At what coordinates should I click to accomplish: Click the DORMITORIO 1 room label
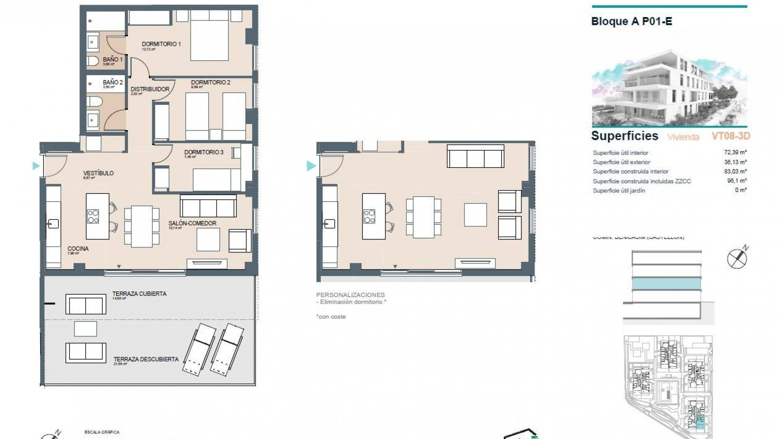coord(161,44)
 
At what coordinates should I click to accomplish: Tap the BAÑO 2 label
coord(113,82)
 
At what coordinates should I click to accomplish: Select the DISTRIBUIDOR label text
coord(150,89)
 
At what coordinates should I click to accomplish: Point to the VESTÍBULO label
coord(98,173)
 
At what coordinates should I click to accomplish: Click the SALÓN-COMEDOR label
coord(192,223)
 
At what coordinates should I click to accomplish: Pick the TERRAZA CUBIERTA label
coord(139,293)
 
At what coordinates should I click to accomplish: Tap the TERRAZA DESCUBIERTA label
coord(146,359)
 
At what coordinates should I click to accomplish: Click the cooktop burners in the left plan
coord(93,216)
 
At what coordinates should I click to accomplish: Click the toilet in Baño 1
coord(93,61)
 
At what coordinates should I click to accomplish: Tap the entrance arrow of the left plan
coord(36,166)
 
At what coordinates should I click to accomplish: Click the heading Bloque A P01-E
coord(631,22)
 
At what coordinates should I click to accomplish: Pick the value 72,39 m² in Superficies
coord(735,152)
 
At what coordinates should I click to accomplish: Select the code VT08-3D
coord(730,136)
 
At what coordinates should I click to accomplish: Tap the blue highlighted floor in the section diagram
coord(666,284)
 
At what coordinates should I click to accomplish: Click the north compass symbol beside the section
coord(737,257)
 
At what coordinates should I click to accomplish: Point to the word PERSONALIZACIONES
coord(350,295)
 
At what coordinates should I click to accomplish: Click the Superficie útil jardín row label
coord(619,190)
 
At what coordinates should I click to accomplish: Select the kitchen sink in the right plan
coord(329,224)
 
